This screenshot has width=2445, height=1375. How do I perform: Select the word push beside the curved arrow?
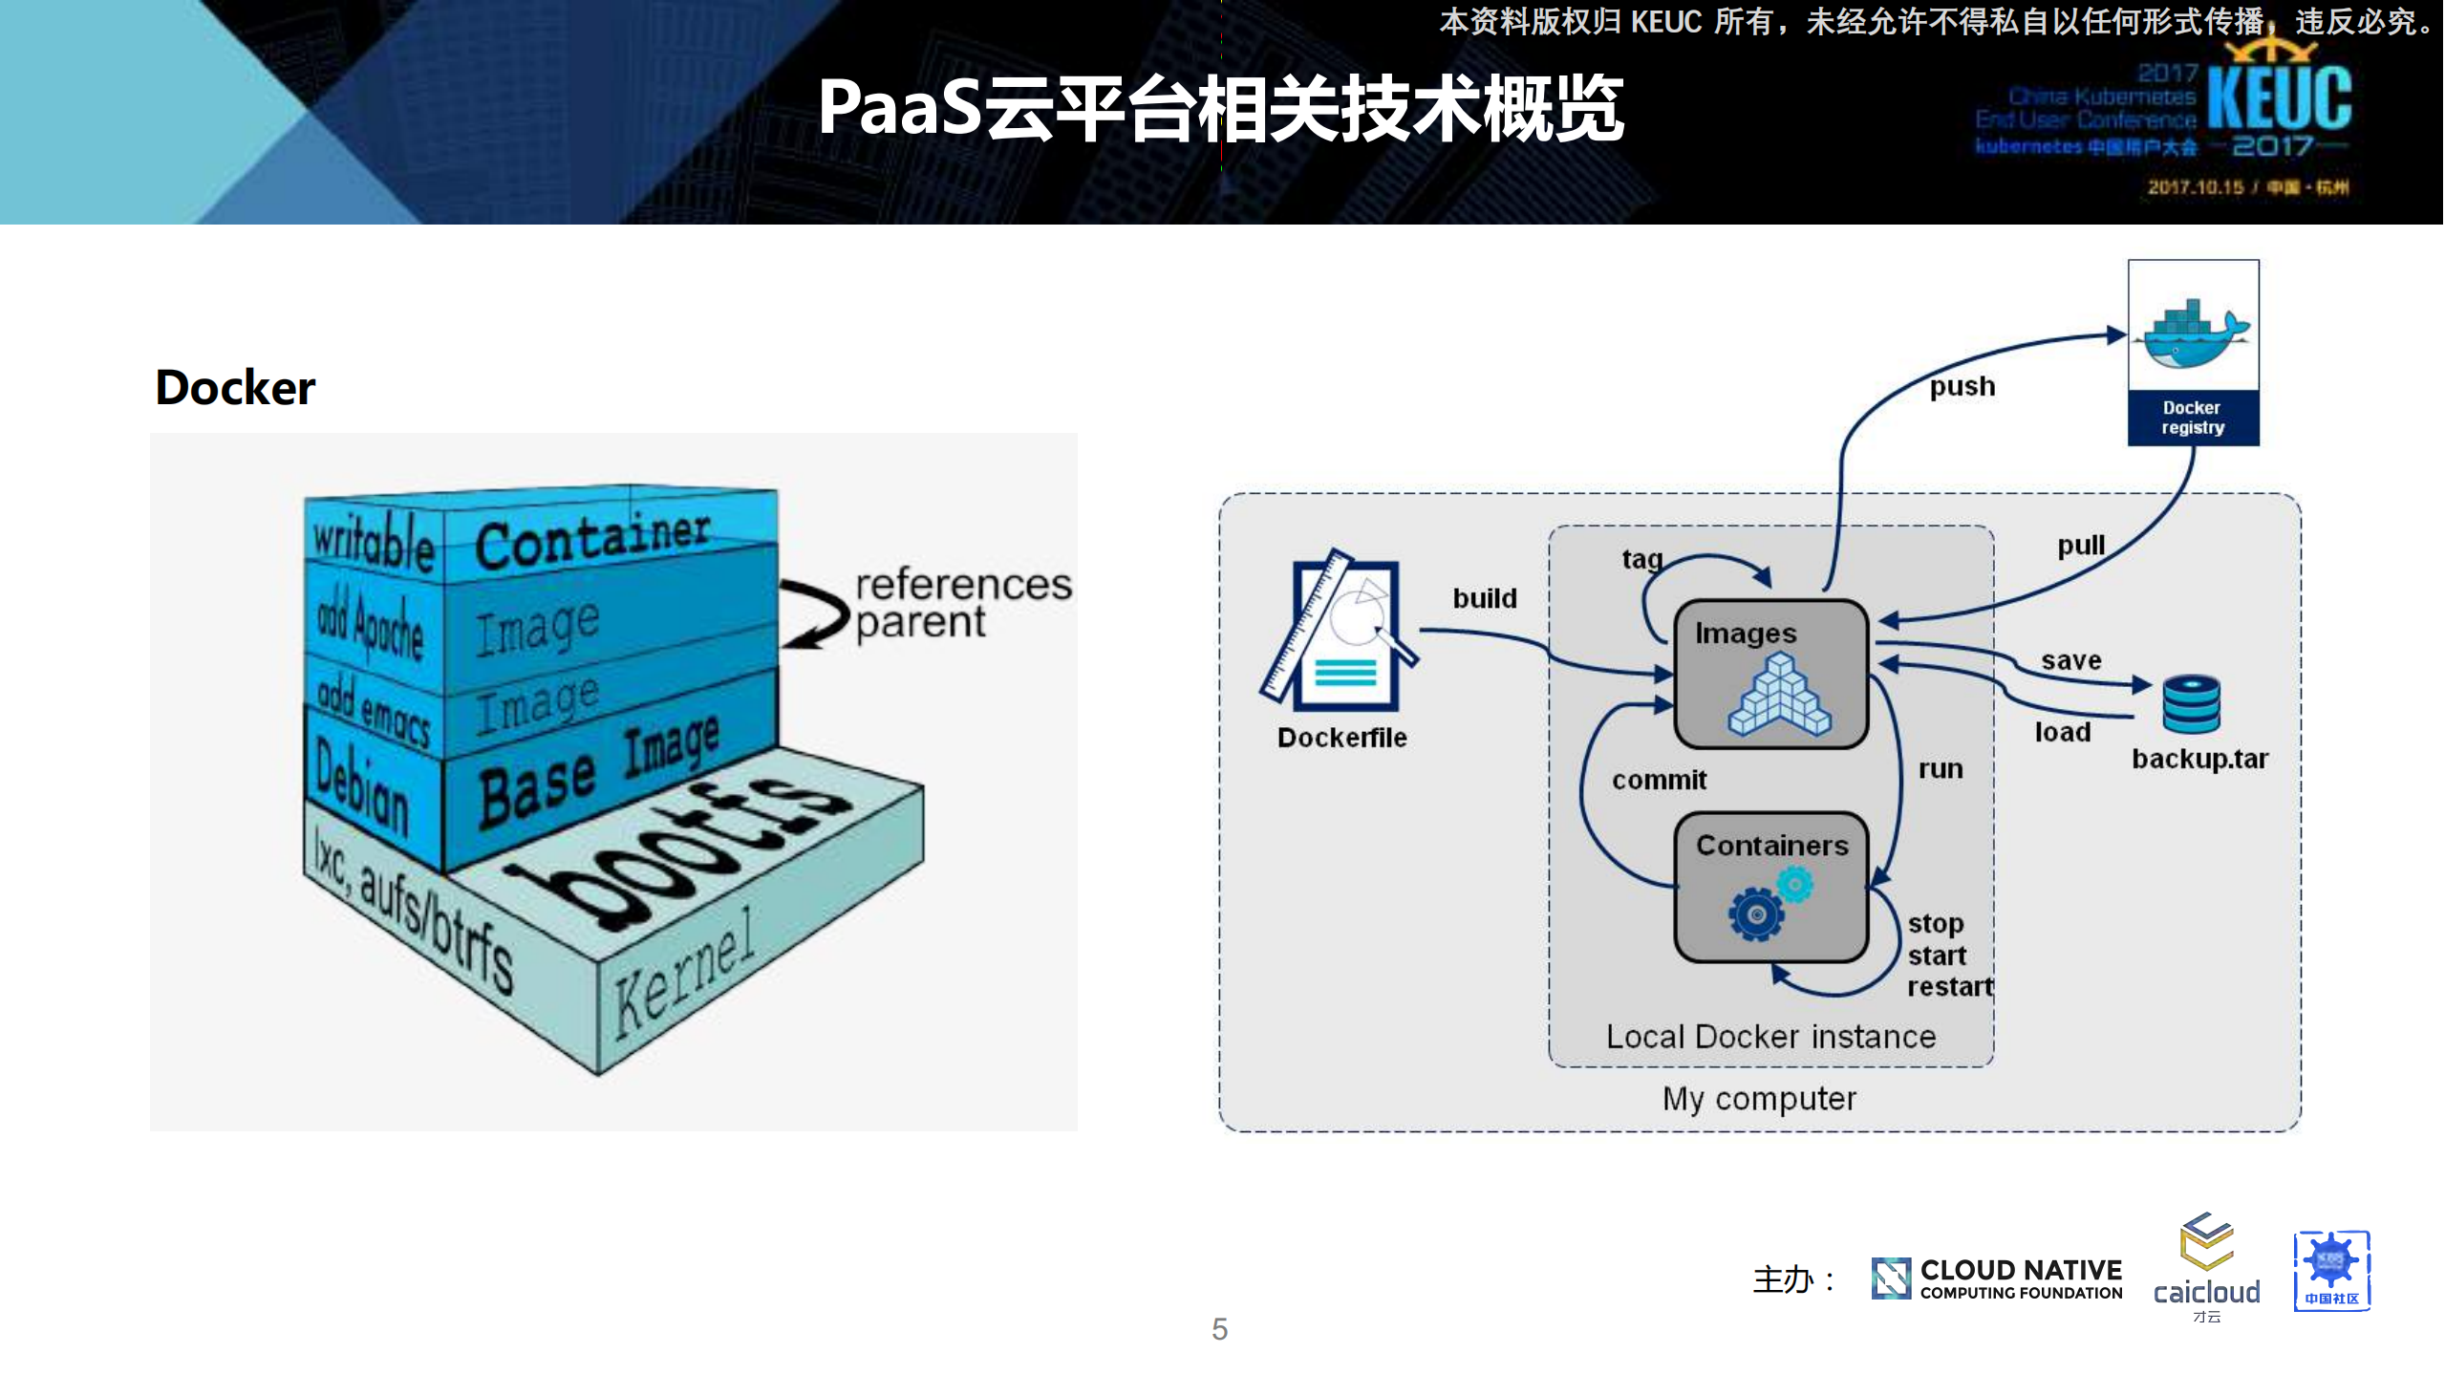[x=1962, y=386]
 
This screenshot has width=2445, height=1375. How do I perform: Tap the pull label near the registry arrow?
[x=2080, y=546]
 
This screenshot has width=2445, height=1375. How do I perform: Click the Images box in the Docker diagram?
[x=1771, y=675]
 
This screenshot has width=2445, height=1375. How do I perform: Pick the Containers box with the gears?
[x=1771, y=888]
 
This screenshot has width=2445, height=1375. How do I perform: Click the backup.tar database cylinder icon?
[x=2191, y=704]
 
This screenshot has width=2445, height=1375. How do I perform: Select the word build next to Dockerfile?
[x=1484, y=599]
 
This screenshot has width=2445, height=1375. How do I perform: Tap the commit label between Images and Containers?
[x=1659, y=781]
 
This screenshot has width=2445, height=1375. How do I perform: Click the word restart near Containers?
[x=1949, y=987]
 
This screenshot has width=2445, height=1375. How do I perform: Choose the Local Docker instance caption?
[x=1770, y=1037]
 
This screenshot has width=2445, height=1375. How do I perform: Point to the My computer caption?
[x=1759, y=1099]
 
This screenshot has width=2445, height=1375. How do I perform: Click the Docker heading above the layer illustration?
[x=235, y=388]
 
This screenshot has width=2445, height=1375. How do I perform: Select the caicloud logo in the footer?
[x=2206, y=1267]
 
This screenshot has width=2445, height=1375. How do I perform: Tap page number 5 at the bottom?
[x=1220, y=1329]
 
